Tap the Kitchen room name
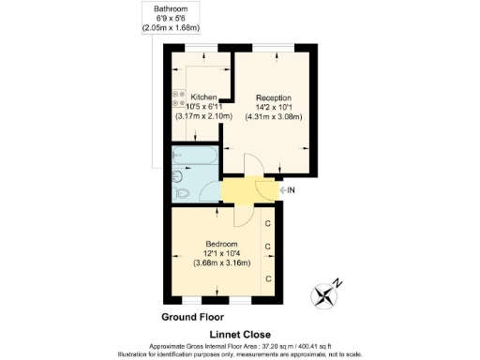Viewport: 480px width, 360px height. (203, 97)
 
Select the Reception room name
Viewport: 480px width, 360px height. (274, 97)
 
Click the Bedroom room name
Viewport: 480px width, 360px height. (222, 244)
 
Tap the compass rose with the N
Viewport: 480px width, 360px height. (327, 293)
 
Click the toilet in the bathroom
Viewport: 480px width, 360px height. (183, 193)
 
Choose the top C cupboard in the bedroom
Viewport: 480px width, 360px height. (268, 223)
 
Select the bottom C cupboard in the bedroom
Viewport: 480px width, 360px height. (268, 278)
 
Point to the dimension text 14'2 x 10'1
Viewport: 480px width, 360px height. (274, 107)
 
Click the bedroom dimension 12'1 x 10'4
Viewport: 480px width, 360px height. (222, 253)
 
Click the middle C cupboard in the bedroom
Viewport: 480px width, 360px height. (268, 247)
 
